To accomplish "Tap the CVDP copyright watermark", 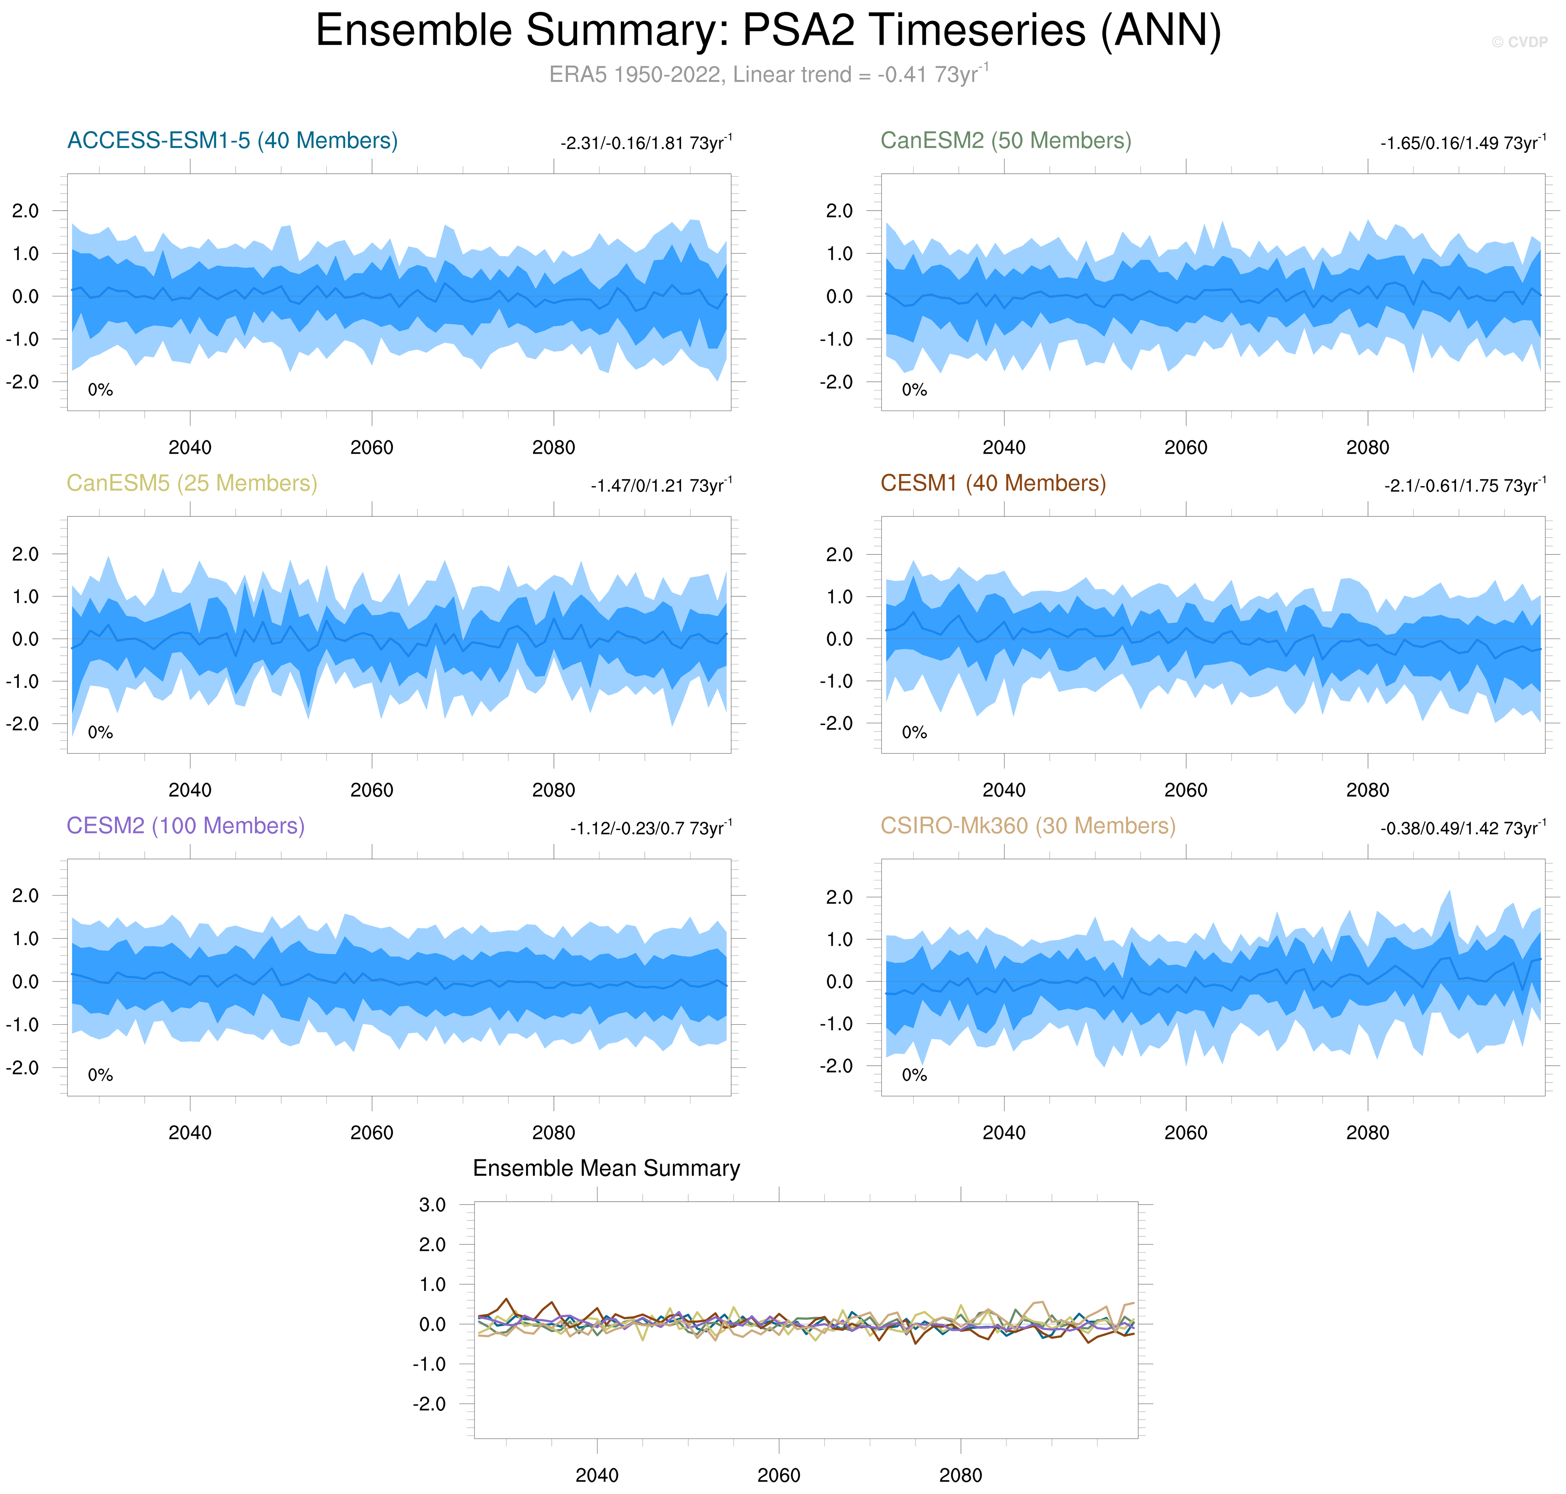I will pyautogui.click(x=1519, y=42).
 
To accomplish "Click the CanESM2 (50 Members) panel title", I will pyautogui.click(x=1005, y=141).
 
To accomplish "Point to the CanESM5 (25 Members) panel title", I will pyautogui.click(x=192, y=483).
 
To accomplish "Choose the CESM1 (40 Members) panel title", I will pyautogui.click(x=992, y=483).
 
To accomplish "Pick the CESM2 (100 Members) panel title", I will pyautogui.click(x=186, y=826).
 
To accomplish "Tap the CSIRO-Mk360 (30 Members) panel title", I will pyautogui.click(x=1028, y=826).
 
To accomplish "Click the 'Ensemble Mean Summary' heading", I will pyautogui.click(x=606, y=1168).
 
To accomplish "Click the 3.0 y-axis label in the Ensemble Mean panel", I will pyautogui.click(x=432, y=1205).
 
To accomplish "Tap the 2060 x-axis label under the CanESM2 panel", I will pyautogui.click(x=1185, y=448).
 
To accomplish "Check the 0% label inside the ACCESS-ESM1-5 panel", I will pyautogui.click(x=100, y=390).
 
